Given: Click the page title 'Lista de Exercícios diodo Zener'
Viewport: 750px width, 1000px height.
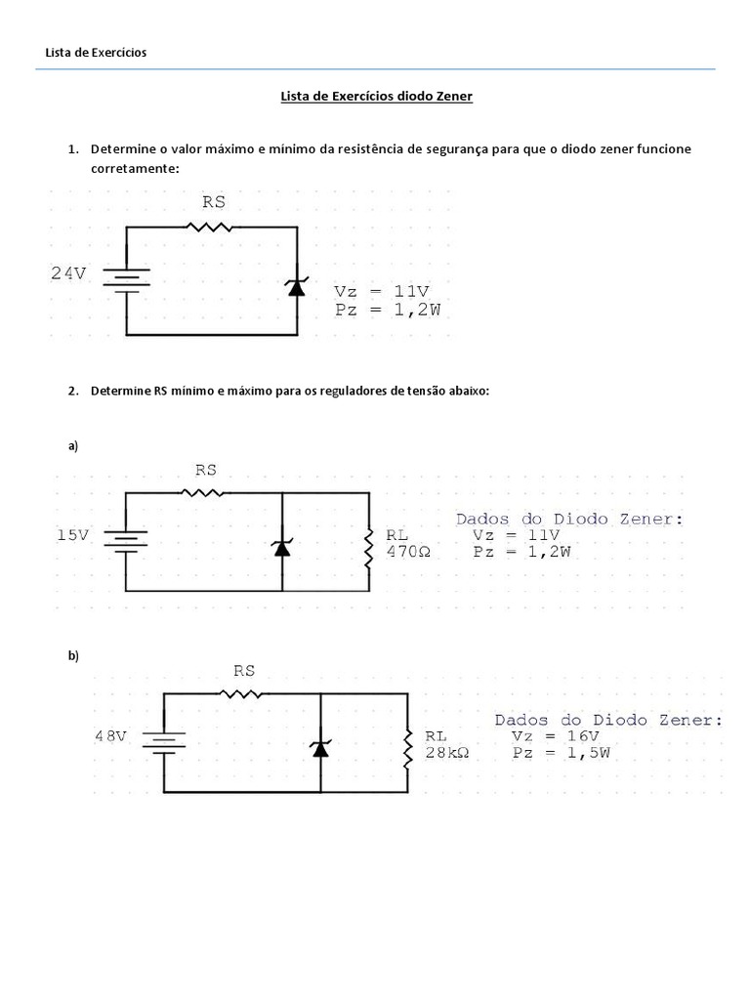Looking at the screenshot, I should (x=376, y=97).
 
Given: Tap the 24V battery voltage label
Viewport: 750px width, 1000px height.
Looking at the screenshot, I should (x=68, y=274).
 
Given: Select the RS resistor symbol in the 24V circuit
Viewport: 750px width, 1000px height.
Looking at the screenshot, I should (x=211, y=227).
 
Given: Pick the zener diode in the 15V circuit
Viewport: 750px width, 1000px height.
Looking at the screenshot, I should (x=282, y=546).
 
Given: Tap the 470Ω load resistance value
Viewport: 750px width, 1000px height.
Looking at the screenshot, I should (x=407, y=551).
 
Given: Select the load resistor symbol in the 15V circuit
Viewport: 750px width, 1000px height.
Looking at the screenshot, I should (x=369, y=546).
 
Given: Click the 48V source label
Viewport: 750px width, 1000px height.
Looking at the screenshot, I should (x=110, y=736).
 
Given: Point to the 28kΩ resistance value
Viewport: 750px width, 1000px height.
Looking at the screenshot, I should (x=447, y=753).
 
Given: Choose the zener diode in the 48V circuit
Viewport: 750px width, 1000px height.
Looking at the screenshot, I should (x=320, y=747).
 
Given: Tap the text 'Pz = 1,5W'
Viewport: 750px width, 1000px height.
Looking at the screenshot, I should (x=561, y=753).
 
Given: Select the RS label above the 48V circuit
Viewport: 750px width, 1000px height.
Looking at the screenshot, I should (x=244, y=671).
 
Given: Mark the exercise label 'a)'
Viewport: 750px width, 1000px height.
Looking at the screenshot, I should (x=73, y=446).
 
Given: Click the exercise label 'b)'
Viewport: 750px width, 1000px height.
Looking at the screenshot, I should (x=73, y=655).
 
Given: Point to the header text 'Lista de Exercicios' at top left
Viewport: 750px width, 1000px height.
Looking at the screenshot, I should (x=96, y=52).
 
